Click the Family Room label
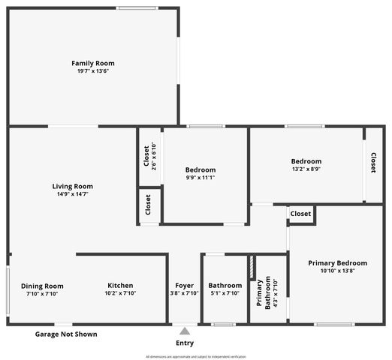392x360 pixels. [93, 63]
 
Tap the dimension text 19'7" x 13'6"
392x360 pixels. [93, 71]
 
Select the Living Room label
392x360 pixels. [72, 186]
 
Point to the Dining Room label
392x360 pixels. [42, 286]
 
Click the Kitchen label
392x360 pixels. [120, 285]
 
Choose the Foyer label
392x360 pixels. [184, 285]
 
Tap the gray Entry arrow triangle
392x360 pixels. [185, 330]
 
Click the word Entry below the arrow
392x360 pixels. [185, 343]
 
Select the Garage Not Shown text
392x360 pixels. [67, 334]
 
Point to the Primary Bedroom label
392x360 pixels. [337, 263]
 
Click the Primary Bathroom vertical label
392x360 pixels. [264, 293]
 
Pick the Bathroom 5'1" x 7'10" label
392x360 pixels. [225, 285]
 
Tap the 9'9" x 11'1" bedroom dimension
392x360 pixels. [201, 178]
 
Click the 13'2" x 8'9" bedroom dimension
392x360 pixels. [306, 169]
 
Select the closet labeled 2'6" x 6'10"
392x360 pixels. [149, 157]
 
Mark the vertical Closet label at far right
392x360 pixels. [372, 163]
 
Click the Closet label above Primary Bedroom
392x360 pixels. [300, 214]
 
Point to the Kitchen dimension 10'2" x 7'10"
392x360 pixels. [120, 293]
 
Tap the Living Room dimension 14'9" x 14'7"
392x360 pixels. [72, 194]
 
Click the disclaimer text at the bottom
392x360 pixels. [195, 356]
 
